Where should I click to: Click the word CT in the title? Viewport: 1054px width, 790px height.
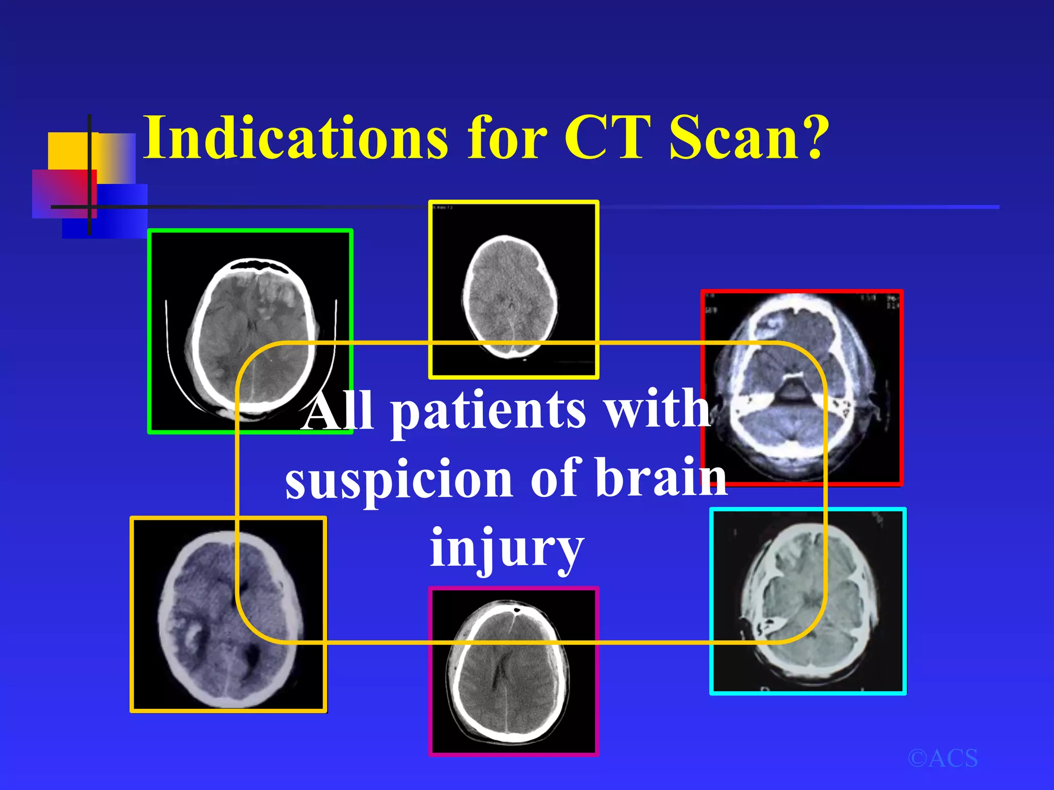coord(605,137)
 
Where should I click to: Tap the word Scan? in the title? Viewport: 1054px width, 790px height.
coord(749,137)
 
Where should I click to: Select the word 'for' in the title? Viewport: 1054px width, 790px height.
coord(507,137)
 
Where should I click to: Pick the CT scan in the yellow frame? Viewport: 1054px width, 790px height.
coord(514,290)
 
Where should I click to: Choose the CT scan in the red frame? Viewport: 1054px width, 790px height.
coord(802,387)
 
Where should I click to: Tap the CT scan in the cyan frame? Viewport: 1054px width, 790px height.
coord(807,601)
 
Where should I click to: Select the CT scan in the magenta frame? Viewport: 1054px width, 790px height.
coord(514,671)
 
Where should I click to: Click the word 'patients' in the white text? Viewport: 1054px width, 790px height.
coord(488,411)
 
